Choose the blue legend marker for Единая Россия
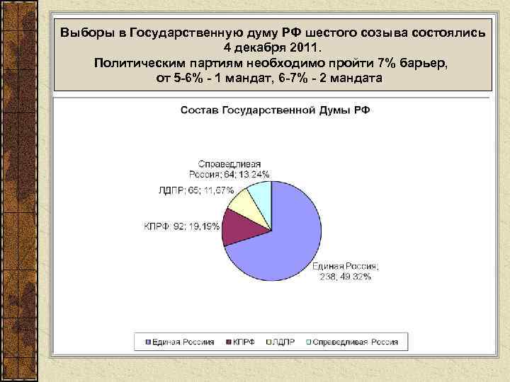148,342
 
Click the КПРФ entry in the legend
241,342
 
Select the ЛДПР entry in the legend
282,342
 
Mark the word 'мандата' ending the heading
356,78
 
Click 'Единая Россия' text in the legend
183,342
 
